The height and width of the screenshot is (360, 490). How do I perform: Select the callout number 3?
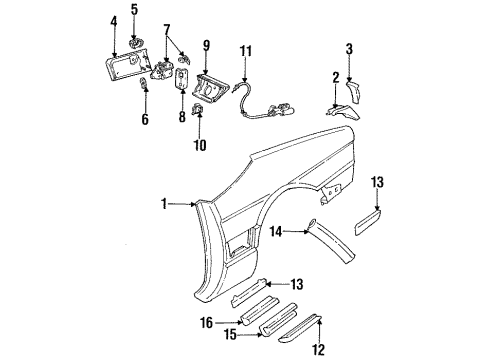click(348, 48)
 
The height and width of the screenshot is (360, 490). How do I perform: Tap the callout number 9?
click(206, 44)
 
